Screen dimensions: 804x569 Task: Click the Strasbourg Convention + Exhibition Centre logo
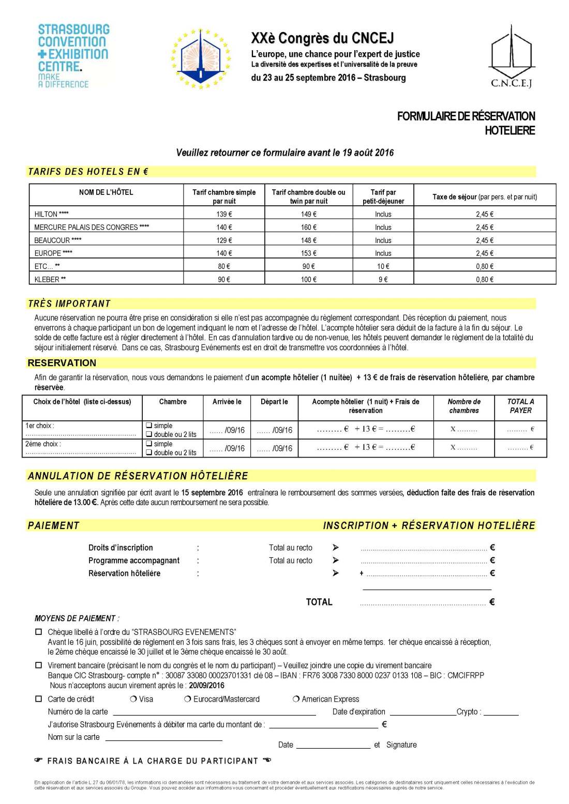coord(73,55)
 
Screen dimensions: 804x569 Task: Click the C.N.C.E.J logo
coord(511,57)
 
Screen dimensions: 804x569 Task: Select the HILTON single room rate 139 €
coord(224,214)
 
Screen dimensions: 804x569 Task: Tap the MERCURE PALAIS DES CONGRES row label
coord(92,227)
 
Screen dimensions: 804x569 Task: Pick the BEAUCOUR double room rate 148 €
coord(308,240)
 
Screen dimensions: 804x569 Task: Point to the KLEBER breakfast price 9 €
coord(383,280)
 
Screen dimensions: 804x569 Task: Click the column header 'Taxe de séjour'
coord(485,197)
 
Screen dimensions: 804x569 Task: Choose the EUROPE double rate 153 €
coord(308,253)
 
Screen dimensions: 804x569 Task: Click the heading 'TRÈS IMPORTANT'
coord(69,304)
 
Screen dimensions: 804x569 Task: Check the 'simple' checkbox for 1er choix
coord(149,426)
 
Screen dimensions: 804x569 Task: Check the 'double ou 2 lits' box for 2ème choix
coord(149,452)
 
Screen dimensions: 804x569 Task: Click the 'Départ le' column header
coord(274,402)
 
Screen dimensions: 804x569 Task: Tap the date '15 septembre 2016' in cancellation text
coord(212,493)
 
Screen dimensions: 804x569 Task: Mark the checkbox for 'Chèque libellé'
coord(38,632)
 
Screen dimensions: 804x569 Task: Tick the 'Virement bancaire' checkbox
coord(38,665)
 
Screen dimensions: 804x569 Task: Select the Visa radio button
coord(134,699)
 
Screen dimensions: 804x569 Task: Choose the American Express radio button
coord(296,699)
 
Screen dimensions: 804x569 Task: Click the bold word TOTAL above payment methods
coord(319,602)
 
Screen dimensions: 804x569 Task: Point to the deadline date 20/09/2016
coord(206,686)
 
